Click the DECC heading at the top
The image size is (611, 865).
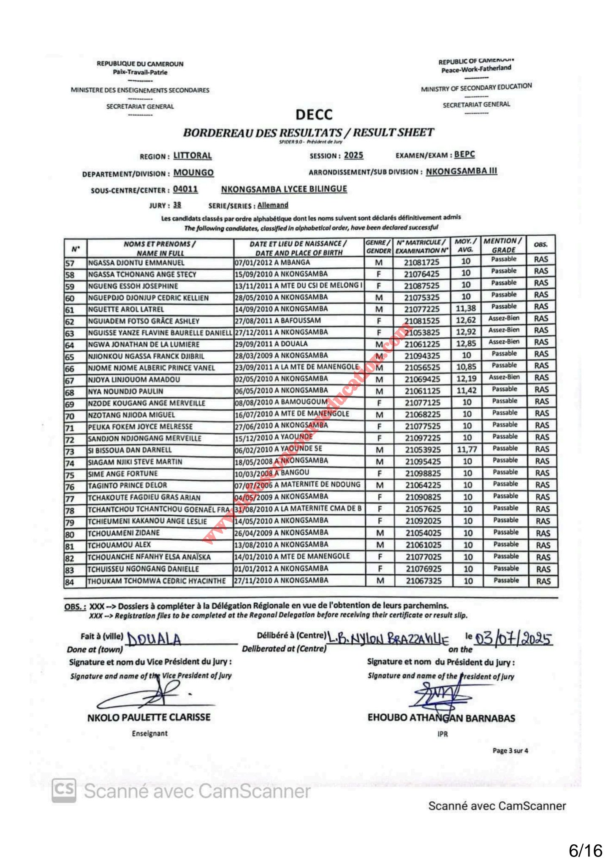pos(314,114)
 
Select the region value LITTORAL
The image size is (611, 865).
pos(193,156)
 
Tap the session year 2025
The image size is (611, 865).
pos(353,155)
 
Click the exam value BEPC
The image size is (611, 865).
pos(464,155)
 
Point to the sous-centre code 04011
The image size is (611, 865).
pos(185,189)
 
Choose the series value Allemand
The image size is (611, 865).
pos(273,205)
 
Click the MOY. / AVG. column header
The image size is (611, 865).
pos(465,245)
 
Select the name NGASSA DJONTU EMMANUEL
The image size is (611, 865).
pos(136,263)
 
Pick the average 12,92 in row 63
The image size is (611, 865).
pos(466,332)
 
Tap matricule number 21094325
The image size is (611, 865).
pos(422,356)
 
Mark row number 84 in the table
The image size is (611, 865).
pos(70,582)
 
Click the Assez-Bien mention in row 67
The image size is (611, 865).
pos(504,377)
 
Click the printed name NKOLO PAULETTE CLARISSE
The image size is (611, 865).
pos(149,717)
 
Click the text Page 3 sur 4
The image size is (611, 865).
pos(510,751)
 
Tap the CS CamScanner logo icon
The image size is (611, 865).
pos(64,790)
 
